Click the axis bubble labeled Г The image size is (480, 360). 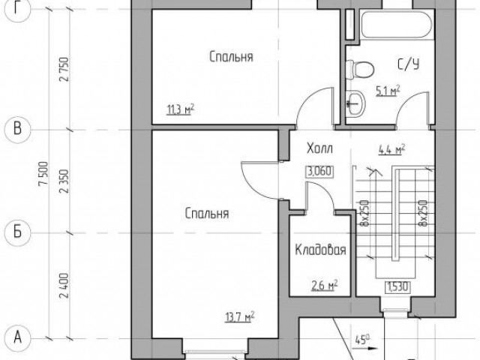pos(18,10)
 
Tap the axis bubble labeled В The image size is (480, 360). pos(18,130)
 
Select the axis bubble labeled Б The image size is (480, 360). pos(18,232)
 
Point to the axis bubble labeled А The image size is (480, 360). pos(18,338)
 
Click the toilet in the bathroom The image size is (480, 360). pos(360,69)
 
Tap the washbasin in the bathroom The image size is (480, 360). pos(355,103)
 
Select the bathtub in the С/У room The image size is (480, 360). pos(397,25)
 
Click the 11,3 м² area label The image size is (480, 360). pos(180,109)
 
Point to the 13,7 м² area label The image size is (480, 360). pos(240,316)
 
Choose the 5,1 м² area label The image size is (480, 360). pos(388,91)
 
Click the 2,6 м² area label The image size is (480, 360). pos(325,286)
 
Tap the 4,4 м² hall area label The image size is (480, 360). pos(392,149)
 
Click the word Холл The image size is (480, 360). pos(319,148)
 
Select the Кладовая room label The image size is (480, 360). pos(320,250)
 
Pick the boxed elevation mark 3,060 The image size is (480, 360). pos(319,172)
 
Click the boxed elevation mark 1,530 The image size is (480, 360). pos(397,287)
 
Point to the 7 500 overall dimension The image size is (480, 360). pos(43,173)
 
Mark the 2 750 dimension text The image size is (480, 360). pos(64,69)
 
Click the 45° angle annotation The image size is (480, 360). pos(362,340)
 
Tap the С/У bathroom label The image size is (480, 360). pos(408,64)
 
